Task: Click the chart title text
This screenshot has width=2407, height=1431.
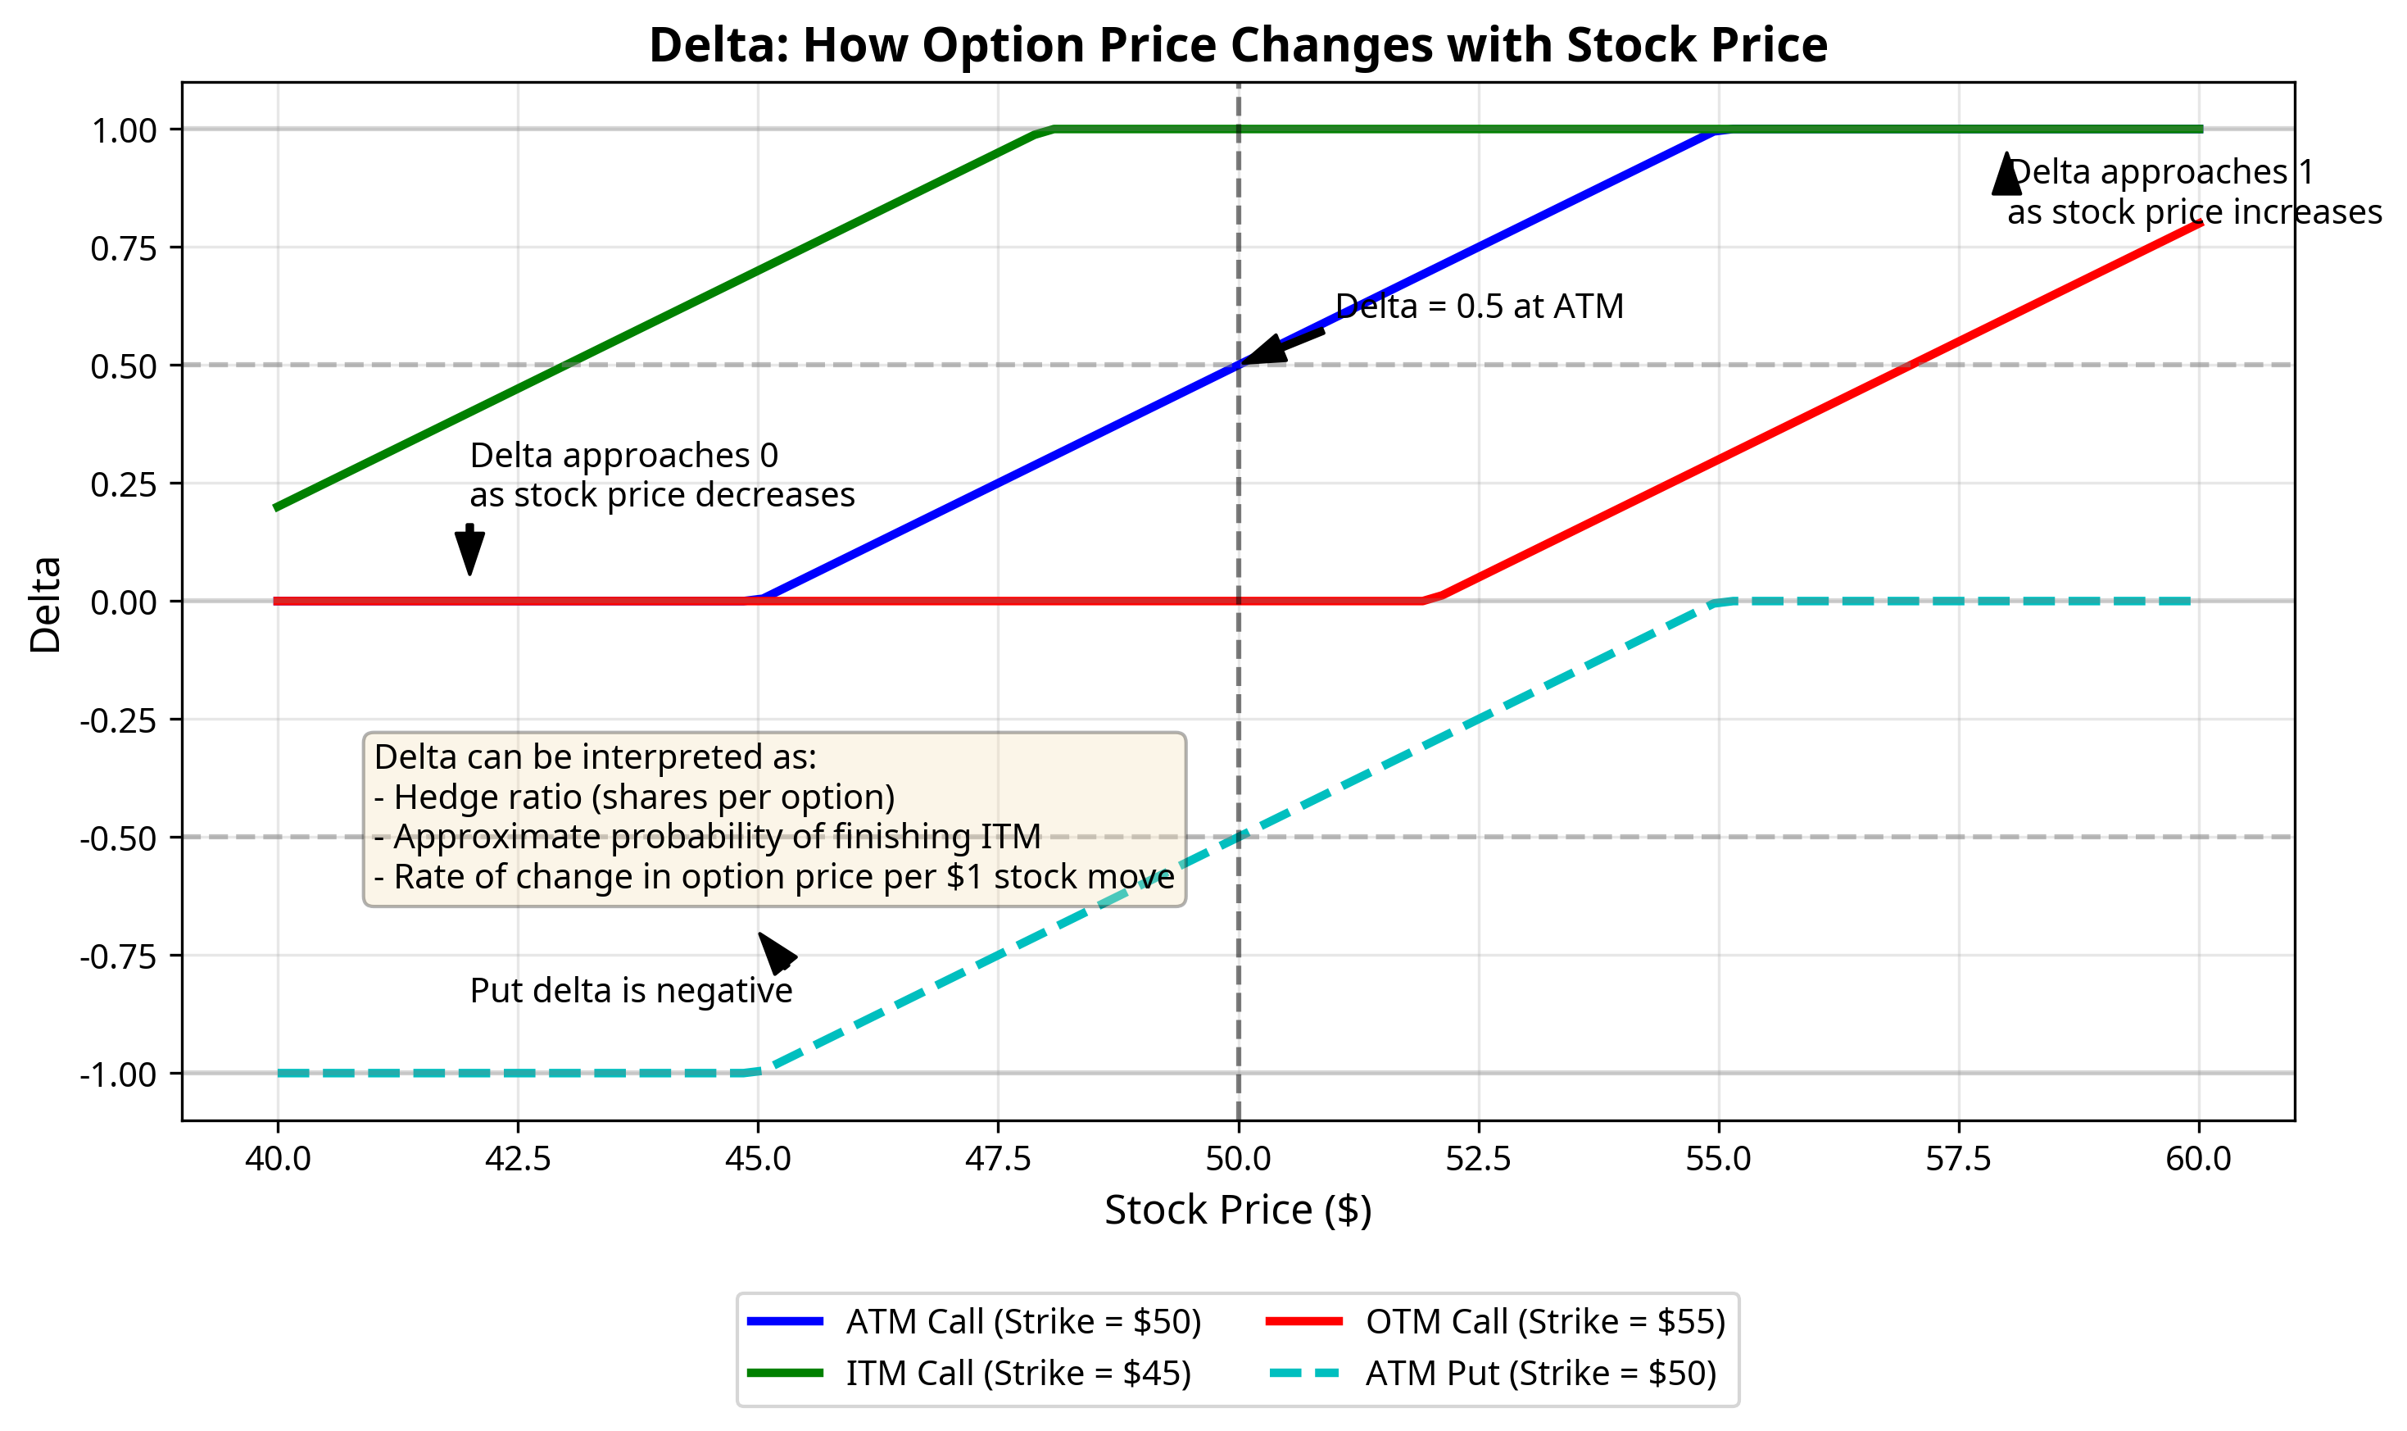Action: point(1237,45)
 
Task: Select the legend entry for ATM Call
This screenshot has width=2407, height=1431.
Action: point(1022,1321)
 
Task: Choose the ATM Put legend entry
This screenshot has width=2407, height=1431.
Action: point(1540,1373)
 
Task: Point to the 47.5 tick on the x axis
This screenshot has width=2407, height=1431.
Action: point(998,1158)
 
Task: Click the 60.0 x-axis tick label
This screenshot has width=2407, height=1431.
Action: point(2198,1158)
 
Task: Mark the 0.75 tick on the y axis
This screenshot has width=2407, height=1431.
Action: point(124,249)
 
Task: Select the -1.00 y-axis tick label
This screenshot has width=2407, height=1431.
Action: point(118,1074)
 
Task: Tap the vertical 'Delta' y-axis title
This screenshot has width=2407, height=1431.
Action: point(45,605)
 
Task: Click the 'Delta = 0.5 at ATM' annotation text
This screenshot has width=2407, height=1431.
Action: point(1479,307)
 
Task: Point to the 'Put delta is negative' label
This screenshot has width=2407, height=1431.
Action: point(631,990)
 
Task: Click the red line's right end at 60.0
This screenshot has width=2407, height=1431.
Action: point(2199,224)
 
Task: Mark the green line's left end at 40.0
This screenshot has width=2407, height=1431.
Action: point(278,507)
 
